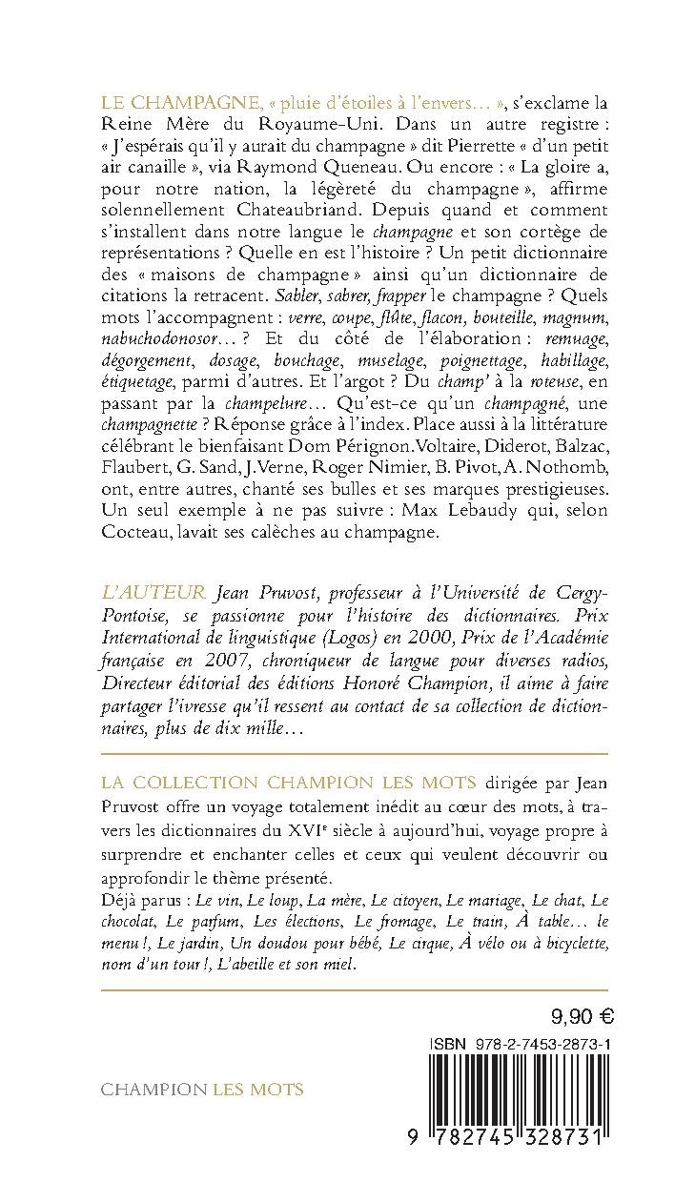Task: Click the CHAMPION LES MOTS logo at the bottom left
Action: point(202,1089)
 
